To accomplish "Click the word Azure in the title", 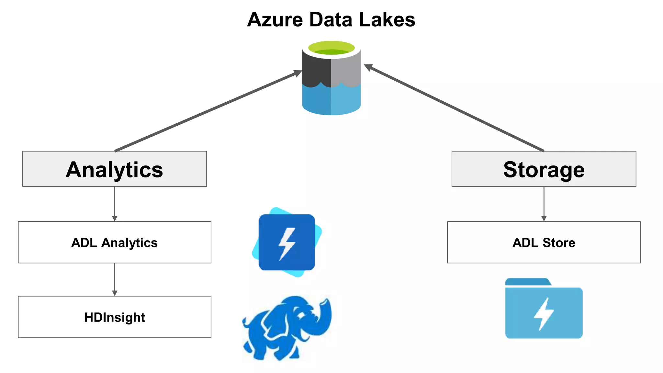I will point(275,20).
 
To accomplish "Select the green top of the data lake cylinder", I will point(331,48).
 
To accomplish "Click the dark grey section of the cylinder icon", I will point(316,70).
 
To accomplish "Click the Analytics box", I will point(115,169).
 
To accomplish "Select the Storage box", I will point(544,169).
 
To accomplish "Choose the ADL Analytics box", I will point(115,242).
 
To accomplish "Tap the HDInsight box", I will point(115,317).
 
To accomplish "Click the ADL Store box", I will point(544,242).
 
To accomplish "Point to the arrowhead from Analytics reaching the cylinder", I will point(297,73).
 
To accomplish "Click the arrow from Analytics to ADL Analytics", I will point(115,204).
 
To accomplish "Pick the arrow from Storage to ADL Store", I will point(544,204).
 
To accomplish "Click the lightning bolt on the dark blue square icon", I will point(287,243).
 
